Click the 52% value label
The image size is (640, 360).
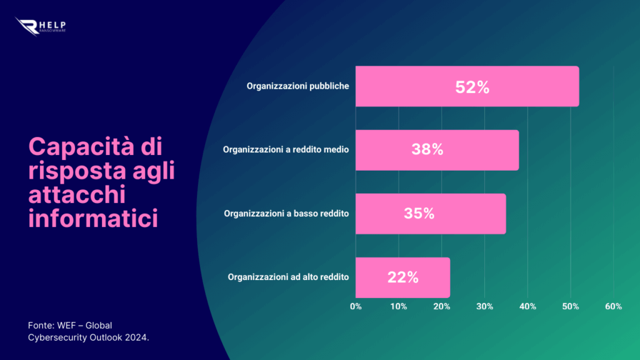(472, 87)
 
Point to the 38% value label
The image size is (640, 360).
(427, 150)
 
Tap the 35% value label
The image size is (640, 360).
(419, 214)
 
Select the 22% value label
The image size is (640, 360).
(402, 277)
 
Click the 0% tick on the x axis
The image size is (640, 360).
(356, 306)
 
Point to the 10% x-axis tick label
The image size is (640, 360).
(399, 306)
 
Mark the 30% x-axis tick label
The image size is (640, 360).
(485, 306)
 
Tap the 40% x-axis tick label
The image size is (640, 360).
(527, 306)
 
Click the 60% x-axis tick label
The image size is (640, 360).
(614, 306)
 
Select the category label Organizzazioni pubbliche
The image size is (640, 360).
(297, 86)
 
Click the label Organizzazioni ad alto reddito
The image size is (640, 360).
(288, 277)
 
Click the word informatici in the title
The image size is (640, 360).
(92, 219)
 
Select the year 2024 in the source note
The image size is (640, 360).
(136, 337)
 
